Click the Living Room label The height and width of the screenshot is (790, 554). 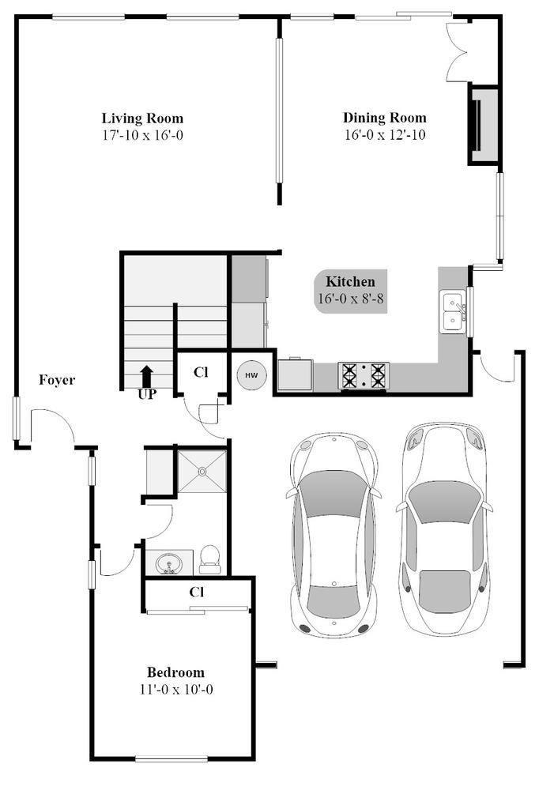pyautogui.click(x=143, y=118)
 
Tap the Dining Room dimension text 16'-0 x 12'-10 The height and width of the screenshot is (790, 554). pyautogui.click(x=385, y=134)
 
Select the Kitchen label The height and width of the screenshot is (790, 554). pyautogui.click(x=350, y=282)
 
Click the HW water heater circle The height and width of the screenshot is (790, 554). pyautogui.click(x=252, y=374)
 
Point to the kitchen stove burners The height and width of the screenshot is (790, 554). pyautogui.click(x=364, y=375)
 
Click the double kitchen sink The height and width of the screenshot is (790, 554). pyautogui.click(x=453, y=312)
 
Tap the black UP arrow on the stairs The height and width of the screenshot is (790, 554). pyautogui.click(x=146, y=376)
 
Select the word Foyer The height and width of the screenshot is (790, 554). pyautogui.click(x=57, y=380)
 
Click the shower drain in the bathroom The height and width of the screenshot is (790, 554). pyautogui.click(x=202, y=472)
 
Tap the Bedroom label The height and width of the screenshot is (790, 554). pyautogui.click(x=176, y=672)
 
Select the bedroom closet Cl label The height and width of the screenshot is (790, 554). pyautogui.click(x=197, y=592)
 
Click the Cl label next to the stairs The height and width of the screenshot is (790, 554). pyautogui.click(x=201, y=372)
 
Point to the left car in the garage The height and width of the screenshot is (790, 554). pyautogui.click(x=334, y=534)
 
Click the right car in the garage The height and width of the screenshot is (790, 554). pyautogui.click(x=444, y=528)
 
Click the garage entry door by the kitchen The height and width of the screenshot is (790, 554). pyautogui.click(x=497, y=367)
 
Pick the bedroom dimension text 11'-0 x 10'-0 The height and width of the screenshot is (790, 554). pyautogui.click(x=176, y=689)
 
